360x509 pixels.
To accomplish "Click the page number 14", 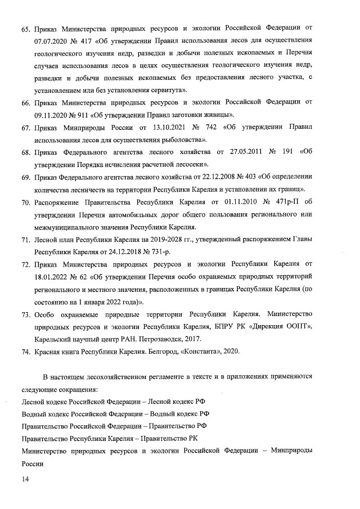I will (x=25, y=479).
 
